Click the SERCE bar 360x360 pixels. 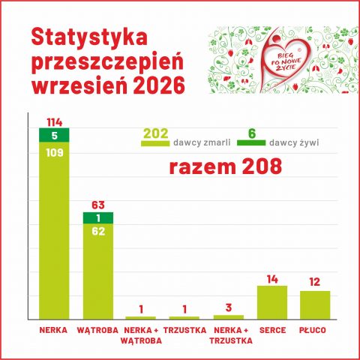272,302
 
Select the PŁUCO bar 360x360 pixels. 315,305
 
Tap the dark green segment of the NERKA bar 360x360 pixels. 54,135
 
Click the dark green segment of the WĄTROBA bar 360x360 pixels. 98,218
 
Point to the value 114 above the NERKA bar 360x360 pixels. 55,122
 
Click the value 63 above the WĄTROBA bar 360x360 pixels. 98,205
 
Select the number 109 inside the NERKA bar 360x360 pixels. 55,153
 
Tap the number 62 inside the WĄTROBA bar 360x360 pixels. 98,232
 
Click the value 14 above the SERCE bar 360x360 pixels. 272,280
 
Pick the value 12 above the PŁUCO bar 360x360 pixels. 314,282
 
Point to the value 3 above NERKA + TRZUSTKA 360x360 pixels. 229,308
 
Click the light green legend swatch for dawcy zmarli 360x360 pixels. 155,143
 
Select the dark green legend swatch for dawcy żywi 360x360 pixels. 251,142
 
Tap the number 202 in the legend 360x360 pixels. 156,133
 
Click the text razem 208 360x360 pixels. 226,167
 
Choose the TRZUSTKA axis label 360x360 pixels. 184,330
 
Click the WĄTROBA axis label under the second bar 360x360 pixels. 97,330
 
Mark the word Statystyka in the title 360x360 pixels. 89,37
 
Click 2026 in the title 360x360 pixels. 159,85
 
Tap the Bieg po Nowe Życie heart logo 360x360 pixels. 285,59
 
